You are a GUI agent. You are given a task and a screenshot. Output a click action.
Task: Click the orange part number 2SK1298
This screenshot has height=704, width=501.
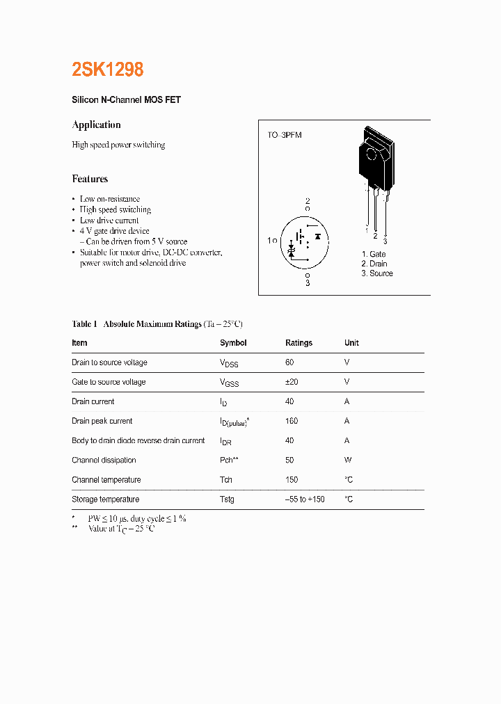[108, 70]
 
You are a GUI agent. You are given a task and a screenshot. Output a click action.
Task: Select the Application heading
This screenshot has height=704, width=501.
[97, 125]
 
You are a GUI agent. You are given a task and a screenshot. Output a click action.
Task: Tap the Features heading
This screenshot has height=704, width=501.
[90, 179]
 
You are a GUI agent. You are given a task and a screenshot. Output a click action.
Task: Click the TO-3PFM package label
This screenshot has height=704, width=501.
[285, 135]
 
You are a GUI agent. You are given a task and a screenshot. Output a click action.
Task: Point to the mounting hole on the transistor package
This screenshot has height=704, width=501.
[371, 154]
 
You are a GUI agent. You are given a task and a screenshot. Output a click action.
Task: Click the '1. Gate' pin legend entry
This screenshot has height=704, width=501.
[374, 255]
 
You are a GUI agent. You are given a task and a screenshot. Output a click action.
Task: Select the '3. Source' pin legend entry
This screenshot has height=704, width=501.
[377, 273]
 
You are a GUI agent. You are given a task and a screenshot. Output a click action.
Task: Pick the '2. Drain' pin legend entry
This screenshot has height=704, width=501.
[374, 264]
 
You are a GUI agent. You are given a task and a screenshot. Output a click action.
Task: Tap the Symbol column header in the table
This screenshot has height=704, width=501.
[233, 343]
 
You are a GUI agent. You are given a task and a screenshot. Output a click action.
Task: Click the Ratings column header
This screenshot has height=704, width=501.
[299, 343]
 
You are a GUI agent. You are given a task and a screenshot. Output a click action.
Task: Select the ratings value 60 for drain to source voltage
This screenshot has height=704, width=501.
[289, 362]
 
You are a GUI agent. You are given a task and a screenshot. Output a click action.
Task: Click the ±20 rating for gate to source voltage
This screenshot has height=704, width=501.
[292, 382]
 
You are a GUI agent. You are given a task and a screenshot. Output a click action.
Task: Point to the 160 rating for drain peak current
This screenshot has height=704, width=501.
[292, 421]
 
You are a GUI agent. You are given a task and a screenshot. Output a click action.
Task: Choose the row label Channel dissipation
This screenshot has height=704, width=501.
[104, 460]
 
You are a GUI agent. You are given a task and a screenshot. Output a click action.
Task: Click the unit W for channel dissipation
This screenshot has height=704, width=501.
[347, 460]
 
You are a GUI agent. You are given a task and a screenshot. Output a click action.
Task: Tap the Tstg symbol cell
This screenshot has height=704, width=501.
[227, 499]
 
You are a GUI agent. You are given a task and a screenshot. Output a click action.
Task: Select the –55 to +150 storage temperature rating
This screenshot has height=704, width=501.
[305, 499]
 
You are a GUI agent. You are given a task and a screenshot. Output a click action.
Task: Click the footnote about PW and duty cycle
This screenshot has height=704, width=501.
[136, 519]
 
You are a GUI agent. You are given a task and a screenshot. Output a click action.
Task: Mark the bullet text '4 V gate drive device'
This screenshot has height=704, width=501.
[114, 231]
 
